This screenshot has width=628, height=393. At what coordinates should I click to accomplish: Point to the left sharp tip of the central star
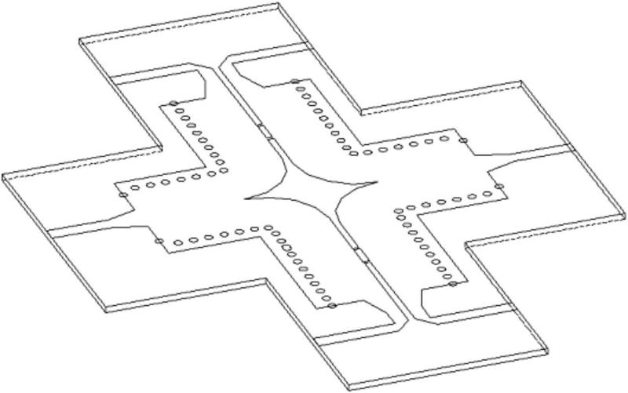tap(246, 197)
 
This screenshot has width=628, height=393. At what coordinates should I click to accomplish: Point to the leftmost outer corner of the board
tap(4, 177)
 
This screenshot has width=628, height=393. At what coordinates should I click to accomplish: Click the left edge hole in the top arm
tap(173, 104)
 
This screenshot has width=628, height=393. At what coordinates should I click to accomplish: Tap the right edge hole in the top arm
tap(294, 82)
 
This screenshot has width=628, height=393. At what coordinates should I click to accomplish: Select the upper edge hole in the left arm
tap(122, 194)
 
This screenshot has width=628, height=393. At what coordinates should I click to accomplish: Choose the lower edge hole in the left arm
tap(159, 241)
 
